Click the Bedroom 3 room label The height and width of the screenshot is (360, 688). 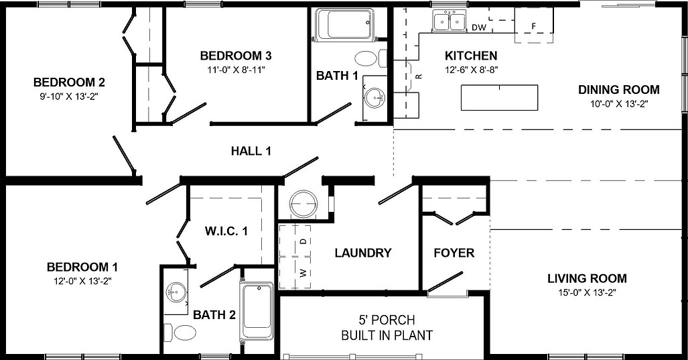click(235, 56)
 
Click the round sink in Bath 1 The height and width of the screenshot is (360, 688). click(375, 99)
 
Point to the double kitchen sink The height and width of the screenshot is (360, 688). click(450, 22)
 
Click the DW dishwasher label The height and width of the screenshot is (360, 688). click(478, 27)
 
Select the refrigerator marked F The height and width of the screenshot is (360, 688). click(533, 26)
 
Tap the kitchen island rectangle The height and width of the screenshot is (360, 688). click(500, 98)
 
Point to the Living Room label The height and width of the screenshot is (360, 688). click(587, 278)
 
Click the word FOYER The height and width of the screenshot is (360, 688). click(454, 253)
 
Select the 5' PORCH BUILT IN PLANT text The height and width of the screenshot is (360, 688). click(387, 328)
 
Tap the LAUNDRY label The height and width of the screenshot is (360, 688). click(362, 253)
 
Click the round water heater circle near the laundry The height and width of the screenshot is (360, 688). click(303, 203)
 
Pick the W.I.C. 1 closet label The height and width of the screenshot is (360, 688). click(226, 231)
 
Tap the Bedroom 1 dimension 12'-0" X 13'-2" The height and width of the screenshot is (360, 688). click(83, 281)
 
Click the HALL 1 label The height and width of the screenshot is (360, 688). click(251, 152)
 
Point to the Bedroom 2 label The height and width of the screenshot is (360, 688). click(69, 82)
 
